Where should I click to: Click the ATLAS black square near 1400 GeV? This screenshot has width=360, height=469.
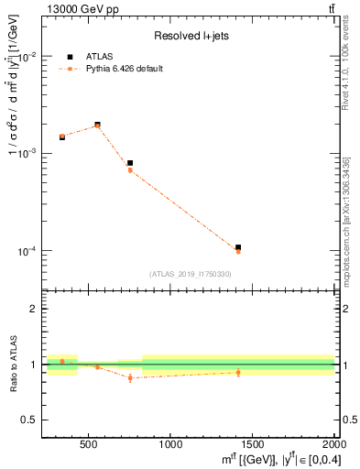click(238, 247)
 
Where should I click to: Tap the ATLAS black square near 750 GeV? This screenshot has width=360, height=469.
click(130, 163)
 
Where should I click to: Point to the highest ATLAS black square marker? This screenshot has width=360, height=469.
click(97, 125)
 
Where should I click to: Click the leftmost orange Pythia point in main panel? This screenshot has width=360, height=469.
click(62, 136)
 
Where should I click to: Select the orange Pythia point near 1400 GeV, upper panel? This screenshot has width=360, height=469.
click(238, 251)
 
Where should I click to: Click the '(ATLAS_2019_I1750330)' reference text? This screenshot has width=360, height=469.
click(190, 274)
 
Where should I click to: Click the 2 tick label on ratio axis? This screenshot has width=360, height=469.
click(33, 310)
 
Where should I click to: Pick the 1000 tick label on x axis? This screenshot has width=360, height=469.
click(171, 445)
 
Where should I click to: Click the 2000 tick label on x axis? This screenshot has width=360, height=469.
click(334, 445)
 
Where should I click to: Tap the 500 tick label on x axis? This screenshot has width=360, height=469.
click(89, 445)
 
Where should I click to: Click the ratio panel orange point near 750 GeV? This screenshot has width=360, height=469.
click(130, 377)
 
